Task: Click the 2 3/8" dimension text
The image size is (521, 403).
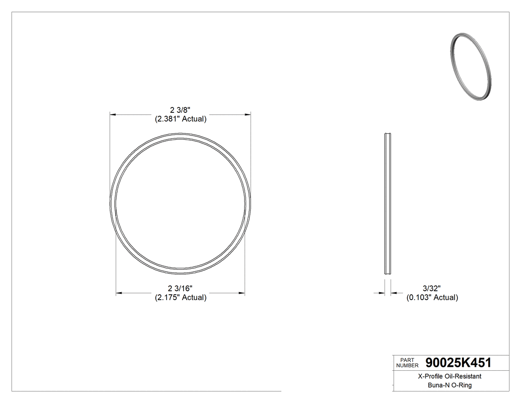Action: coord(180,110)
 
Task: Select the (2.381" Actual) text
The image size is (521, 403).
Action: coord(180,119)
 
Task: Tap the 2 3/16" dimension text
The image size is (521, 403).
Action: coord(180,288)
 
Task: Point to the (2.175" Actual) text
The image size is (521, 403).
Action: coord(180,298)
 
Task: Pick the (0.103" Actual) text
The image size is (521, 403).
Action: coord(432,298)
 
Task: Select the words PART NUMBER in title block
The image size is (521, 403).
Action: coord(407,363)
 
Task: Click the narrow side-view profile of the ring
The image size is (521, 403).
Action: coord(388,203)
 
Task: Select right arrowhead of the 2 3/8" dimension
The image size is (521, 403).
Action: coord(248,115)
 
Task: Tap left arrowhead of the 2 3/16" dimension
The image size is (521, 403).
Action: coord(119,293)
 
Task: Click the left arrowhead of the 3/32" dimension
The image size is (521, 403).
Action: coord(382,293)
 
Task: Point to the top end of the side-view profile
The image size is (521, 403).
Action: coord(388,134)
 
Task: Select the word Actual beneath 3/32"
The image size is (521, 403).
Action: coord(446,298)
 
